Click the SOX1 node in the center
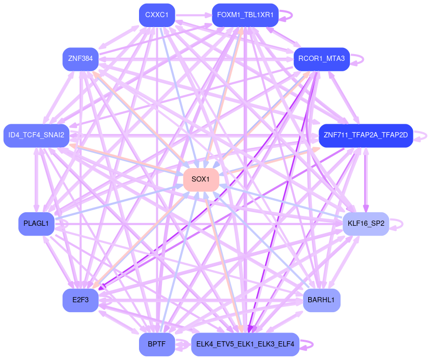(x=200, y=179)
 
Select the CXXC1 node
(x=157, y=15)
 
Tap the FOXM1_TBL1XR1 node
(x=245, y=15)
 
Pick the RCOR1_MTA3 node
(x=322, y=59)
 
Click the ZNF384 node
(x=80, y=59)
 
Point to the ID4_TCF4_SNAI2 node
(x=36, y=135)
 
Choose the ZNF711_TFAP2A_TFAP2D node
(x=365, y=135)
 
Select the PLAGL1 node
(x=36, y=224)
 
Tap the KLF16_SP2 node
(x=365, y=224)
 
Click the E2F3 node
(x=81, y=300)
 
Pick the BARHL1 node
(x=322, y=300)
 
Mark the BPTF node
(x=157, y=344)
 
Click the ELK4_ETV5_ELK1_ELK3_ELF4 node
(x=245, y=344)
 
